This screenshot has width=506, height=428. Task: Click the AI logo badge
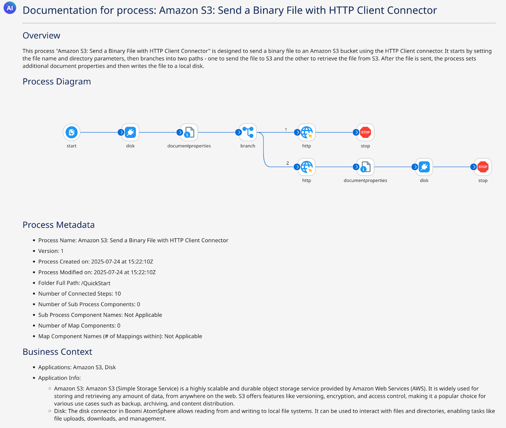[10, 8]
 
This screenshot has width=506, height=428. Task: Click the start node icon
[71, 132]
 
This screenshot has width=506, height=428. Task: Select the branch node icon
[248, 132]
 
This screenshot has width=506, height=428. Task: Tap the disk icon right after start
[130, 132]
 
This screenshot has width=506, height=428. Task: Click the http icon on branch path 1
[306, 132]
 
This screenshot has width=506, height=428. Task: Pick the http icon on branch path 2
[306, 167]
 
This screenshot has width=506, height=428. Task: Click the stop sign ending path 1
[365, 132]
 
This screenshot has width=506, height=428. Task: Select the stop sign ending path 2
[483, 167]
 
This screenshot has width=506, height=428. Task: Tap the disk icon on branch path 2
[424, 167]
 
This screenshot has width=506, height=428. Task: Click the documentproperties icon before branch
[189, 132]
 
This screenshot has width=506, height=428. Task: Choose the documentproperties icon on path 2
[365, 167]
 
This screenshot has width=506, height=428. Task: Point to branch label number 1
[286, 129]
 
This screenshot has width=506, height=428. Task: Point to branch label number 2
[287, 163]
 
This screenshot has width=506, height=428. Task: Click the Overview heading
[41, 35]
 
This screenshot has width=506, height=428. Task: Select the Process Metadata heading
[59, 225]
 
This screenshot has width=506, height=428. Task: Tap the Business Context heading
[57, 352]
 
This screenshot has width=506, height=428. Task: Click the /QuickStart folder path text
[96, 283]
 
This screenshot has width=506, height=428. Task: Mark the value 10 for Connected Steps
[118, 294]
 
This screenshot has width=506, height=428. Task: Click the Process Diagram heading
[57, 82]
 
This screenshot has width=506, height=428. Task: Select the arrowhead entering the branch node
[238, 132]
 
